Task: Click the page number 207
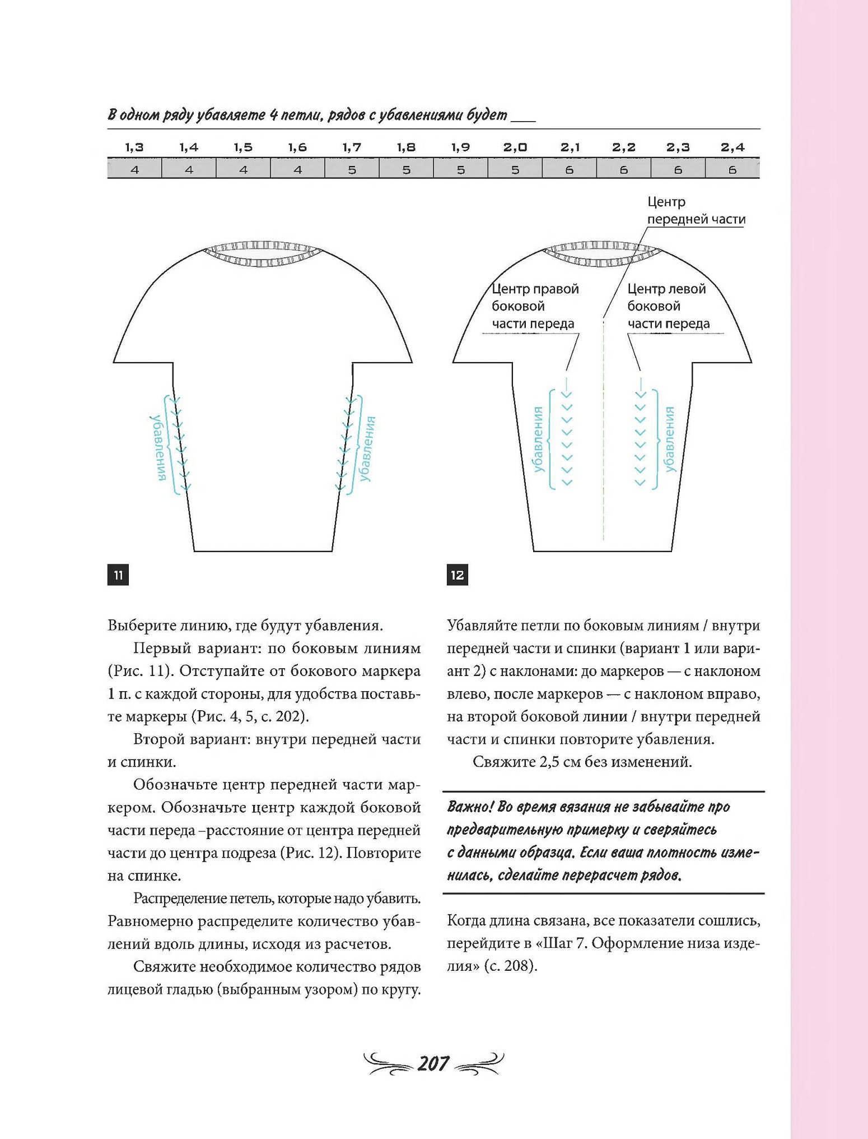(x=433, y=1063)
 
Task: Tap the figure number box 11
(x=118, y=575)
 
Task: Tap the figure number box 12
(x=458, y=575)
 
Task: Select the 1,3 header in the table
(x=134, y=147)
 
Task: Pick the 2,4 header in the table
(x=732, y=147)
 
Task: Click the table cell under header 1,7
(x=352, y=169)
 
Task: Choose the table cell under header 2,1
(x=569, y=169)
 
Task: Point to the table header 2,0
(x=515, y=147)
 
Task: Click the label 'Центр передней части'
(x=696, y=211)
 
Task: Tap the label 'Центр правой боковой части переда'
(x=535, y=306)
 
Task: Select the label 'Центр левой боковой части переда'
(x=668, y=306)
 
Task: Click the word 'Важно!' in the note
(x=470, y=807)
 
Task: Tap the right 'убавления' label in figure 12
(x=670, y=440)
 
